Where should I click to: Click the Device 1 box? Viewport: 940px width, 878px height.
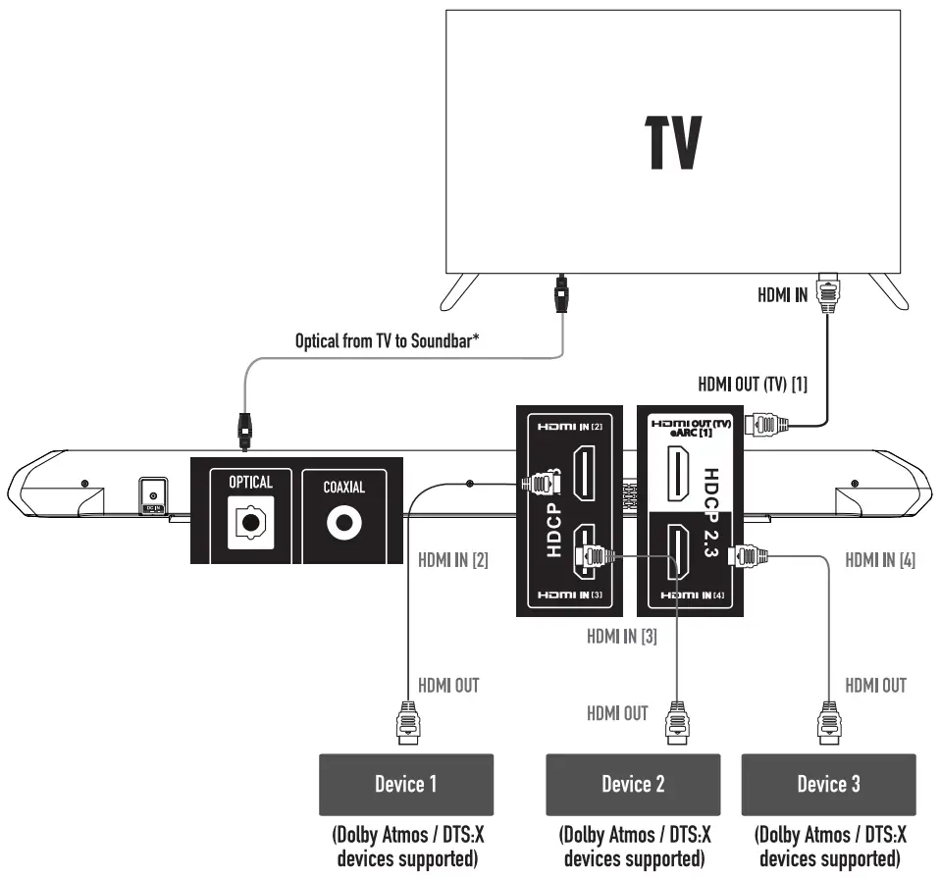(406, 785)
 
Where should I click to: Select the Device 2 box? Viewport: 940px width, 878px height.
(633, 785)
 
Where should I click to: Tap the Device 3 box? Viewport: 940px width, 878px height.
(828, 785)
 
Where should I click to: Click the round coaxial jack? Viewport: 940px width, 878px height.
(344, 523)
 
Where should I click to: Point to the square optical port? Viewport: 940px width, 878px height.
(250, 523)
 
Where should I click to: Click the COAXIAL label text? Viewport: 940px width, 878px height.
(344, 488)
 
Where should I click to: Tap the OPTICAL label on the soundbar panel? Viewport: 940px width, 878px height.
(250, 482)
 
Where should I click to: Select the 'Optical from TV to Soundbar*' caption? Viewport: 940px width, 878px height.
(388, 341)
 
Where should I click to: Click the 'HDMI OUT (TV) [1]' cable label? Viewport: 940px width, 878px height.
(753, 385)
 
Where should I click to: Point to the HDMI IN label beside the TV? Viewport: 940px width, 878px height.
(782, 295)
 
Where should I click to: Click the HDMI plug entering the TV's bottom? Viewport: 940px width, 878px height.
(828, 293)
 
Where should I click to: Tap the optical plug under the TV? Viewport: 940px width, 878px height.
(561, 293)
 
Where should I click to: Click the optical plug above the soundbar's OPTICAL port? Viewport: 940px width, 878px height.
(244, 432)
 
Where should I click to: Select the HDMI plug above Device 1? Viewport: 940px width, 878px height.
(407, 723)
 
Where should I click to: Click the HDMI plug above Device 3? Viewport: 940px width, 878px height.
(829, 723)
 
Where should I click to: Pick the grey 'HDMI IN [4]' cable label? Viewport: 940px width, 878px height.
(880, 560)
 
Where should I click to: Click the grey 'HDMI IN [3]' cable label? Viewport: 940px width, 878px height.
(622, 636)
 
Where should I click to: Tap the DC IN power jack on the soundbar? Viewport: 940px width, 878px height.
(153, 495)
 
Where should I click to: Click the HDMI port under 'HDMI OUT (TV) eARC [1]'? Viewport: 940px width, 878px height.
(678, 474)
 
